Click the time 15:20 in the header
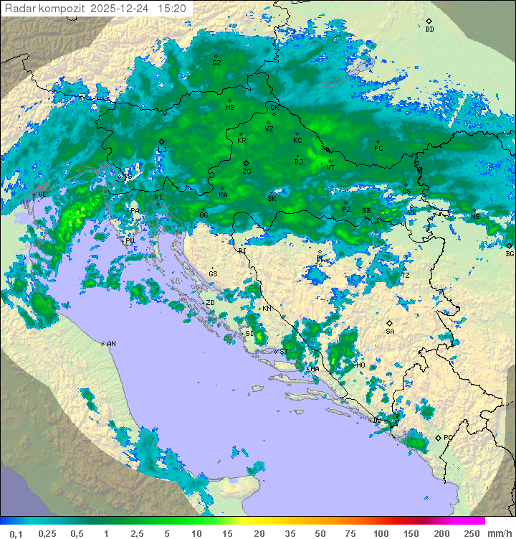click(172, 9)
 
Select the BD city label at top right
click(429, 29)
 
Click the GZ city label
click(216, 63)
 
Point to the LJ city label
click(163, 149)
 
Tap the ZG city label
click(247, 172)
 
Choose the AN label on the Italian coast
click(111, 344)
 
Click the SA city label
click(390, 332)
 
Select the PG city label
click(448, 437)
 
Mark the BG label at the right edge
click(510, 253)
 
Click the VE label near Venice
click(42, 194)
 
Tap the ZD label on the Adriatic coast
click(210, 303)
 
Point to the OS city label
click(406, 191)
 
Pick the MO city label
click(360, 365)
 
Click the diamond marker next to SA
click(390, 323)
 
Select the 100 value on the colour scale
click(380, 533)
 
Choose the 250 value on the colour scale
click(471, 533)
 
